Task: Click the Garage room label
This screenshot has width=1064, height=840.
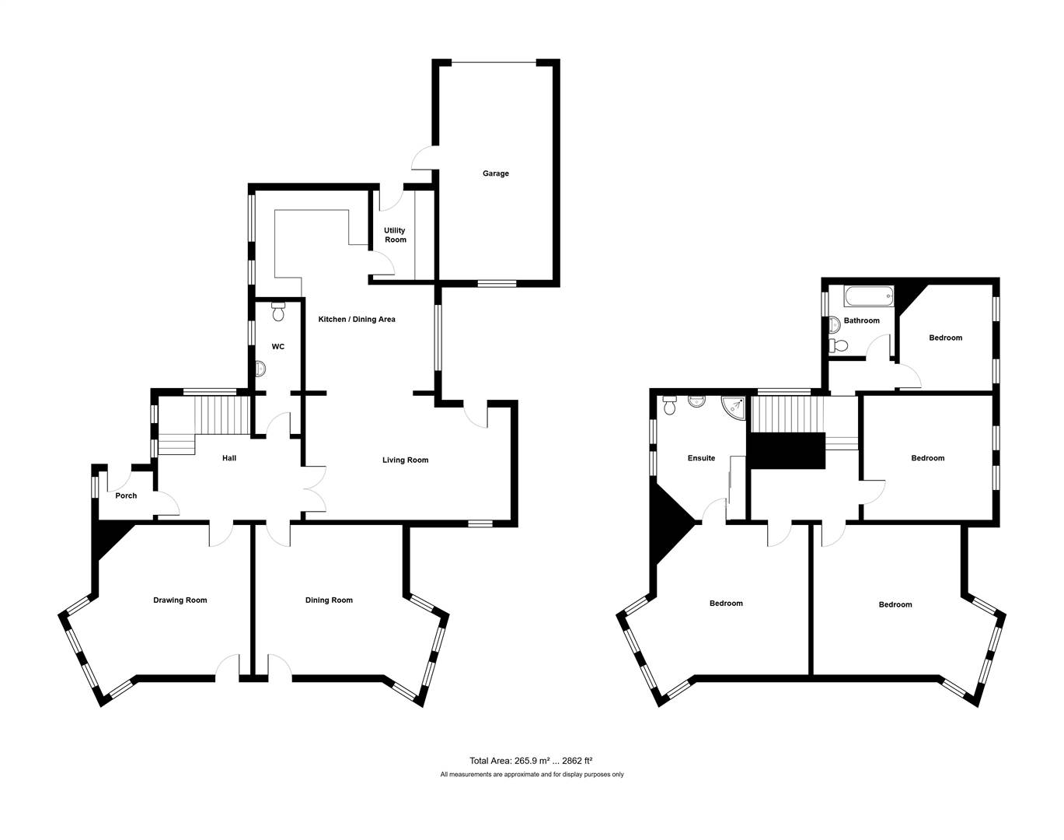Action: click(x=495, y=173)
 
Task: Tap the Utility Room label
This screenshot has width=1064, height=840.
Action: click(x=395, y=235)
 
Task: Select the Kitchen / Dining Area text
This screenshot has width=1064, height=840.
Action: click(x=357, y=319)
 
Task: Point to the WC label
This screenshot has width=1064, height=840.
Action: click(x=278, y=346)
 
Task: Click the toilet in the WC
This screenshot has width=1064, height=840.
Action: click(x=278, y=311)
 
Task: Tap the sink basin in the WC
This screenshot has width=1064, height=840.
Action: click(x=260, y=368)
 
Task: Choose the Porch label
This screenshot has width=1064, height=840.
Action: click(x=126, y=495)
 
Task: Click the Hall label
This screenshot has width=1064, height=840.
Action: click(x=229, y=458)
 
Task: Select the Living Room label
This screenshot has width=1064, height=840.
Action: click(x=405, y=460)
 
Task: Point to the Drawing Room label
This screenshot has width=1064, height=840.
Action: click(x=180, y=600)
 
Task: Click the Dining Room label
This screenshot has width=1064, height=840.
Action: click(x=329, y=600)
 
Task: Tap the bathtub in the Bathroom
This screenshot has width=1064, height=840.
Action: click(x=869, y=297)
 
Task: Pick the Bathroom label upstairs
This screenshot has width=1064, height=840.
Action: click(x=861, y=320)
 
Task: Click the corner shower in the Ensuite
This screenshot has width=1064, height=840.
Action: click(x=733, y=408)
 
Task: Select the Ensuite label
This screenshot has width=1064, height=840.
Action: click(x=701, y=458)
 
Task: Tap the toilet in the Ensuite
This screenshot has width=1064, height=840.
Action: click(x=670, y=405)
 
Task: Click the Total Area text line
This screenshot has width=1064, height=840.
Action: click(x=531, y=761)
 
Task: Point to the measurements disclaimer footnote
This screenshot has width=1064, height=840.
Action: click(x=532, y=774)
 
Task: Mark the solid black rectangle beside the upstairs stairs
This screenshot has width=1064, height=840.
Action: click(x=786, y=450)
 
